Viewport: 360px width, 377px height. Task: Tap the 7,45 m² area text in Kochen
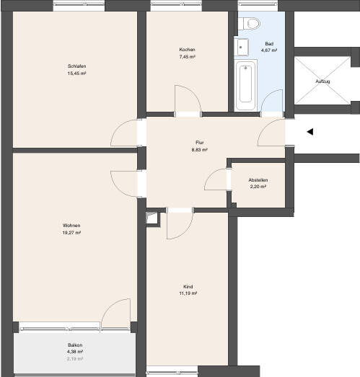188,56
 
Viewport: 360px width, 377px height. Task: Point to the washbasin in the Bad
242,47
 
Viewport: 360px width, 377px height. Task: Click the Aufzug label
322,81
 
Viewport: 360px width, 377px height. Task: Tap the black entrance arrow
309,132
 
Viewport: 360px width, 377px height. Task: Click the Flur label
200,143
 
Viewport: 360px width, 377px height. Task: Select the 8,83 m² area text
200,150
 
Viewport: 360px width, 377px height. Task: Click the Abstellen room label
258,179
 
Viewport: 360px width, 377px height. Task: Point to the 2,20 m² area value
258,187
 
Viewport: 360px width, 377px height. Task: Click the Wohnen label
71,226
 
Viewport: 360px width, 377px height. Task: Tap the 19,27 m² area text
71,234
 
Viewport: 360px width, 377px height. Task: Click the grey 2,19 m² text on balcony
75,358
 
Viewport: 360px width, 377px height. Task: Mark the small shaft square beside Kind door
152,217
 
